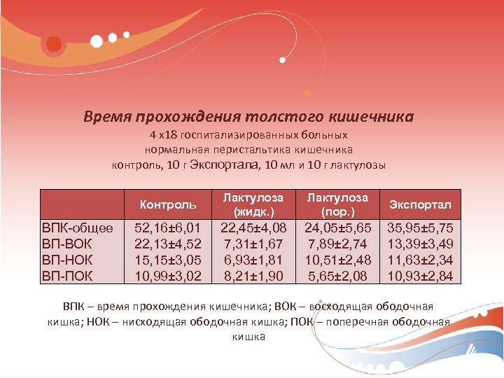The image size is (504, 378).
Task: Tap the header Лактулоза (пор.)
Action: (x=337, y=204)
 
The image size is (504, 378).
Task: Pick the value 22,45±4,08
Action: (x=253, y=227)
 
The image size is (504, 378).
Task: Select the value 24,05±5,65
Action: (x=337, y=227)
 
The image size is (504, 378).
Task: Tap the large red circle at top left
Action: (x=54, y=44)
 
